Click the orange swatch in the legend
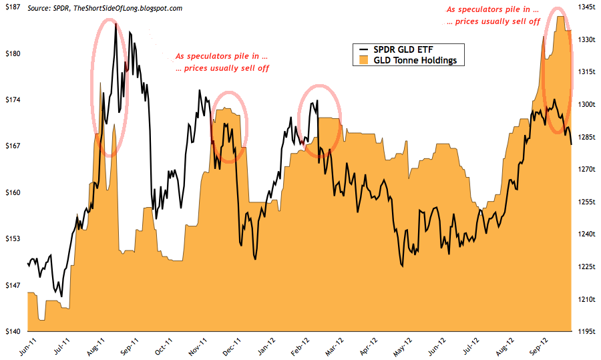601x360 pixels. pyautogui.click(x=363, y=60)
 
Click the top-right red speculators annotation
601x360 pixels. pyautogui.click(x=492, y=16)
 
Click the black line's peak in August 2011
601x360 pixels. pyautogui.click(x=116, y=25)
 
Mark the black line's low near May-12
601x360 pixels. pyautogui.click(x=403, y=266)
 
